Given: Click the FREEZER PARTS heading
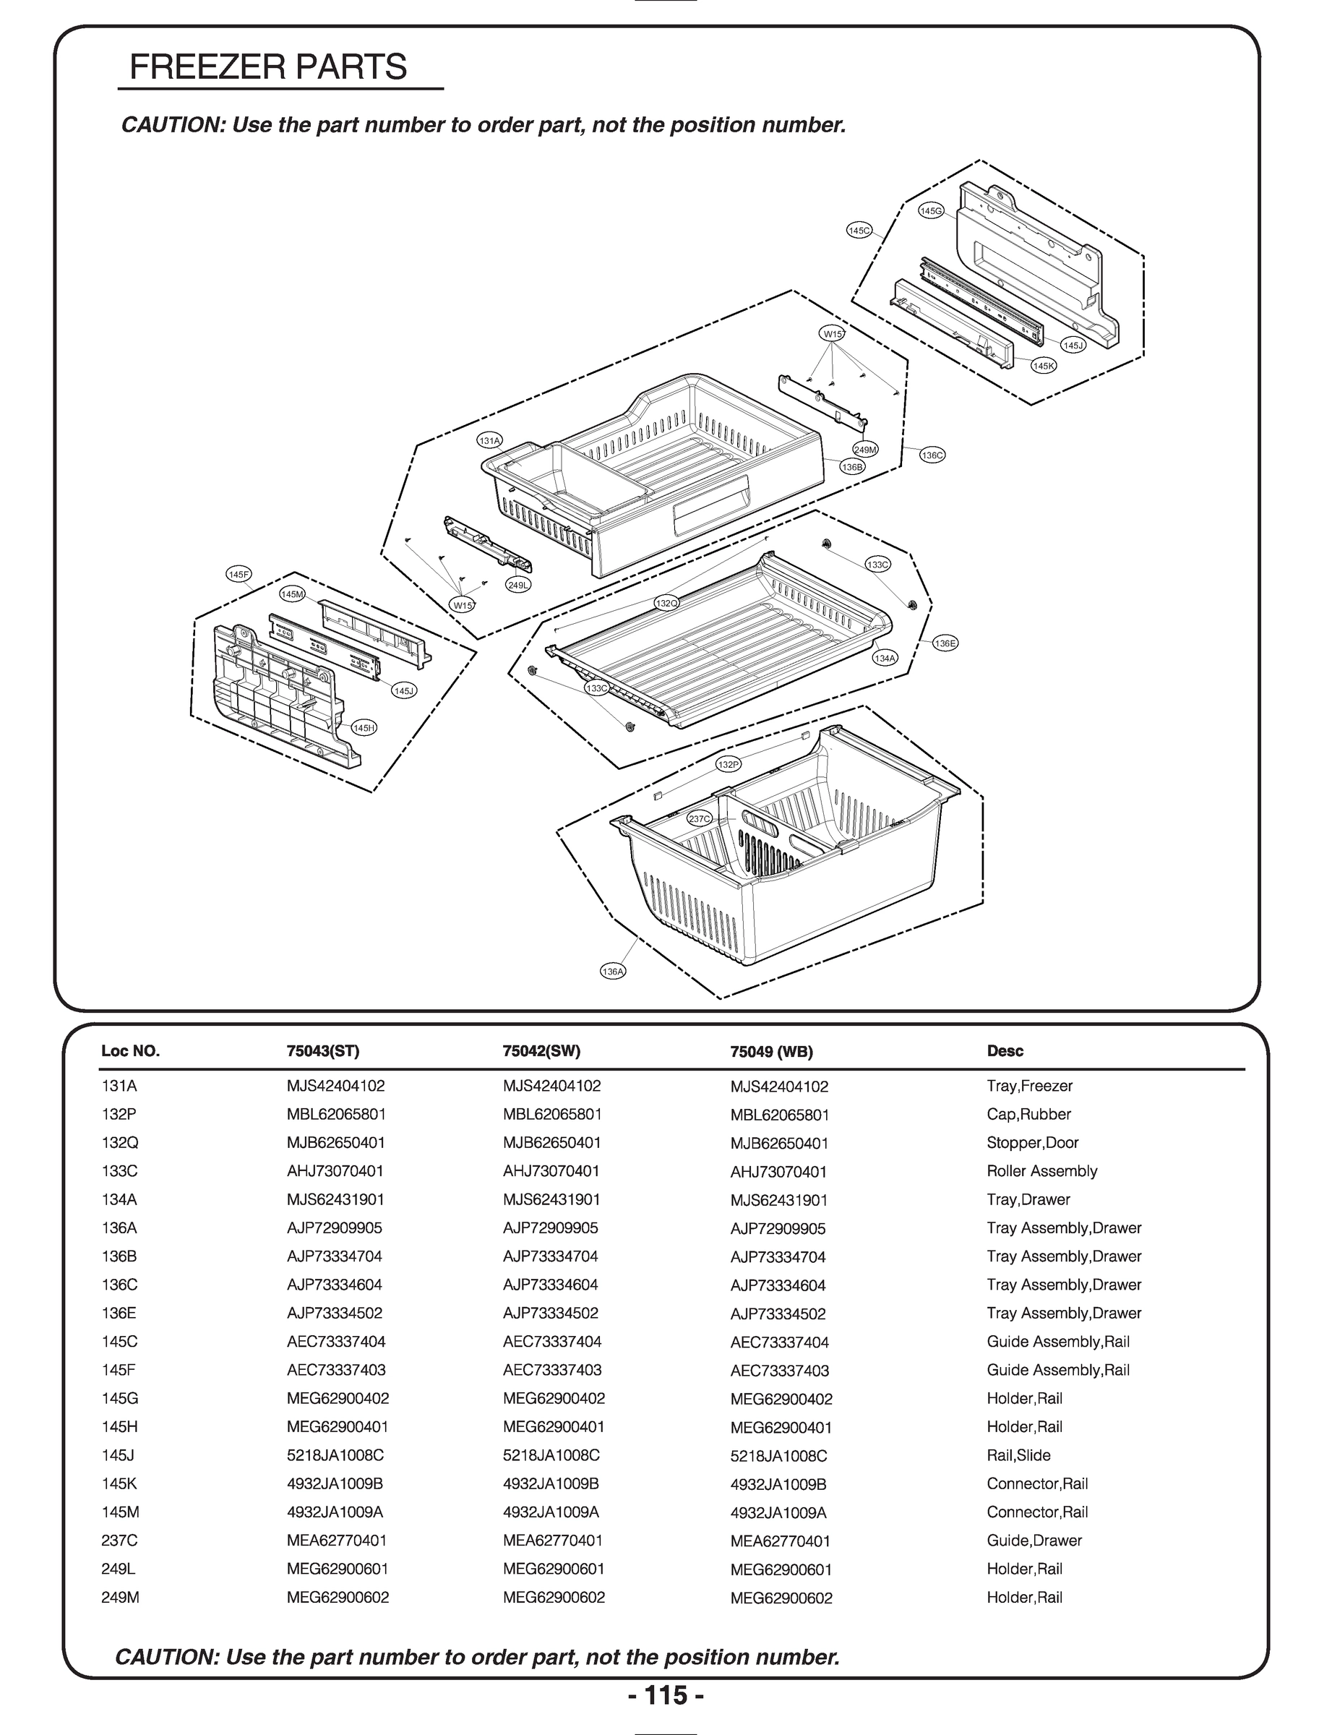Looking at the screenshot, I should pos(268,67).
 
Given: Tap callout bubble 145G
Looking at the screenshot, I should pos(931,211).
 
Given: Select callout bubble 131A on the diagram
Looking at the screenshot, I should pos(490,440).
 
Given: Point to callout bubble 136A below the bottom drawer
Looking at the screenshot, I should pos(613,972).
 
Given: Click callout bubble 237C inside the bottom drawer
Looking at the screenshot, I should pos(700,819).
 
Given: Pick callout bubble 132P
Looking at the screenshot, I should pos(728,764).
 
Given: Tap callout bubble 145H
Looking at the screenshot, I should pos(364,728).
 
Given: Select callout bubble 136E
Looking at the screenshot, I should pos(945,643).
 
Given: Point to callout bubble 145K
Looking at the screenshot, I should pos(1044,366).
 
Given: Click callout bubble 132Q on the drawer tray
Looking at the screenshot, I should pos(667,604).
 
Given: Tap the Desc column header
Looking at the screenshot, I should pos(1005,1050).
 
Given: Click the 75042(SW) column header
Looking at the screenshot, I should pos(541,1050).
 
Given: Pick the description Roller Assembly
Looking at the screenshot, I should pos(1041,1171).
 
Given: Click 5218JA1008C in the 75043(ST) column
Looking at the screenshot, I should pos(335,1455).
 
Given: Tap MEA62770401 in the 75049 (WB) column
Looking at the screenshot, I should pos(780,1541).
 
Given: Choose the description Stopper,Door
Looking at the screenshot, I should pos(1032,1143).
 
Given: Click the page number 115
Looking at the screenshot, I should pos(666,1695).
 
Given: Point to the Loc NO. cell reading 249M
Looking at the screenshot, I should pos(121,1598).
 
